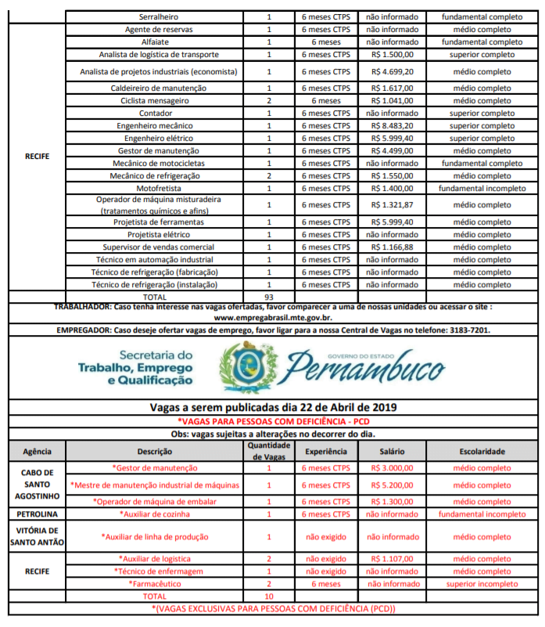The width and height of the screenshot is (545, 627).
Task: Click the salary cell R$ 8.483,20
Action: click(392, 125)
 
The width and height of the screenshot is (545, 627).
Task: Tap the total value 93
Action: click(268, 297)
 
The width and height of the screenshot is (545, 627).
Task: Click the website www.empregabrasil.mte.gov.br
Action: click(272, 319)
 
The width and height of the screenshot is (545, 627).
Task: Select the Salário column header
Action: click(392, 452)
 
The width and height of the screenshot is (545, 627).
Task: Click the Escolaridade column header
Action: click(482, 452)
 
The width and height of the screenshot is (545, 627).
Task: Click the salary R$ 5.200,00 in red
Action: click(392, 485)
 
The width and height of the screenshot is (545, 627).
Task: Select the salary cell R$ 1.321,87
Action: click(392, 205)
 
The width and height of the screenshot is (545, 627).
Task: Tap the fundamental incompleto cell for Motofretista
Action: click(482, 189)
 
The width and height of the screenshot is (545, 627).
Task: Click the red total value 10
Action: click(268, 596)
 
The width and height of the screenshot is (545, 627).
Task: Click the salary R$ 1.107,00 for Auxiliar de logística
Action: click(392, 559)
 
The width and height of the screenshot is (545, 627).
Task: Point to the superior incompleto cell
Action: click(482, 584)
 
